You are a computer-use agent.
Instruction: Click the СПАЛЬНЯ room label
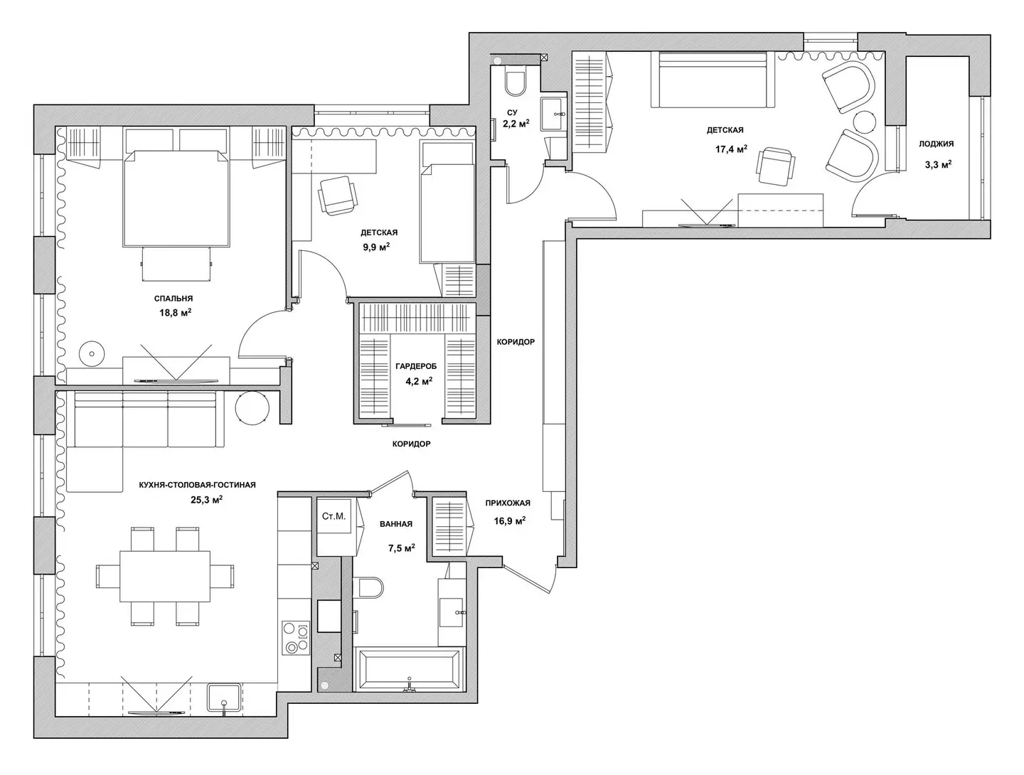173,299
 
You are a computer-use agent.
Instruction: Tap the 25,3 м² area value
206,500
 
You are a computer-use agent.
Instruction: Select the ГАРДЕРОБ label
416,366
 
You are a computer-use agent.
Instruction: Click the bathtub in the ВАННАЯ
409,668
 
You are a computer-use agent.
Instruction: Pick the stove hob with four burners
296,638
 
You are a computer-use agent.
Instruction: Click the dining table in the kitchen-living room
165,577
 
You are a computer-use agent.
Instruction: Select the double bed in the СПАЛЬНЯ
176,198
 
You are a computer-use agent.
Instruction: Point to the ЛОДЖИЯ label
936,144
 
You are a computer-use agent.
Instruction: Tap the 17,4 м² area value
731,149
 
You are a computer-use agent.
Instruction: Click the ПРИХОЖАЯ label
508,503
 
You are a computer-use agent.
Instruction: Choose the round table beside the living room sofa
252,408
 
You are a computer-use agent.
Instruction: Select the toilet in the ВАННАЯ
368,588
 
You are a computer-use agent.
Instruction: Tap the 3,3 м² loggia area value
938,164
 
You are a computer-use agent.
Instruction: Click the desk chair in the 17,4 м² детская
776,166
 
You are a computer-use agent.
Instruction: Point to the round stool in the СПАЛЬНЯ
92,353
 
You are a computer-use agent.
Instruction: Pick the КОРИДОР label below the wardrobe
411,444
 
